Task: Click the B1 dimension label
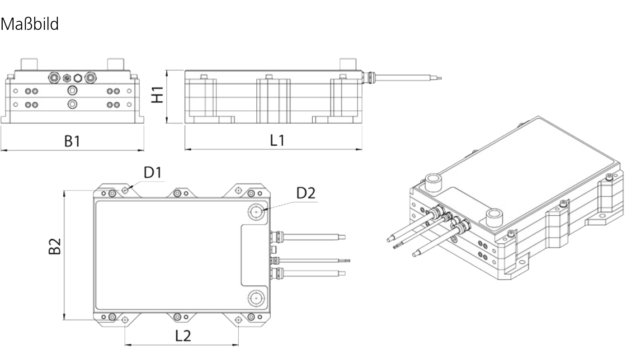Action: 72,141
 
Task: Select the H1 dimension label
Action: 157,95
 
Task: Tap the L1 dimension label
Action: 278,140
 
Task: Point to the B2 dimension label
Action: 55,246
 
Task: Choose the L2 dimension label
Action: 183,336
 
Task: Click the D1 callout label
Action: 153,172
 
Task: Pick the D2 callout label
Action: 306,193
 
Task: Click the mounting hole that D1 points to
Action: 125,190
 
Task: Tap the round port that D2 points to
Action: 256,212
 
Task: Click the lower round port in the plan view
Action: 256,298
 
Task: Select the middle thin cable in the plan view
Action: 310,261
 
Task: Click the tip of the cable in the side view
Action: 441,78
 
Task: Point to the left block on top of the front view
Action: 29,65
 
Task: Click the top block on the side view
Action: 348,65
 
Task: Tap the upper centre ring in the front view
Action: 72,90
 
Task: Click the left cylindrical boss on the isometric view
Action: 433,183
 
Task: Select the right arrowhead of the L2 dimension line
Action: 236,345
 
